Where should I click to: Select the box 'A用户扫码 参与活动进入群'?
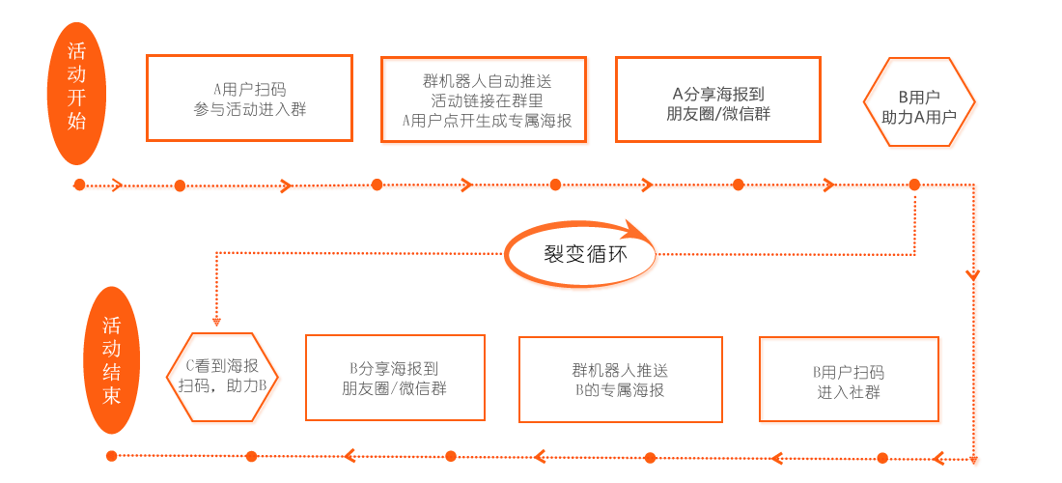(249, 99)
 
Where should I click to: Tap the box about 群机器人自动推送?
(486, 100)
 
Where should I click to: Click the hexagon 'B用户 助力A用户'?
(920, 105)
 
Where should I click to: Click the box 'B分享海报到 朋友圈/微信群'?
(395, 377)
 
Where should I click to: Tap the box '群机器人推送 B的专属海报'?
(620, 379)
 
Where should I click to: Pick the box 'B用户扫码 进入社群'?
(851, 380)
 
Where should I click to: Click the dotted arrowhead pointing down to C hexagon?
(217, 321)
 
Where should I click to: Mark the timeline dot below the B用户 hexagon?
(914, 183)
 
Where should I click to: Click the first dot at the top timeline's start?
(79, 184)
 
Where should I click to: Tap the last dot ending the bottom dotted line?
(111, 456)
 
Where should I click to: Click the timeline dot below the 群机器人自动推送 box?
(555, 184)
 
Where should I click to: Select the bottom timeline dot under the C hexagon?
(251, 456)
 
